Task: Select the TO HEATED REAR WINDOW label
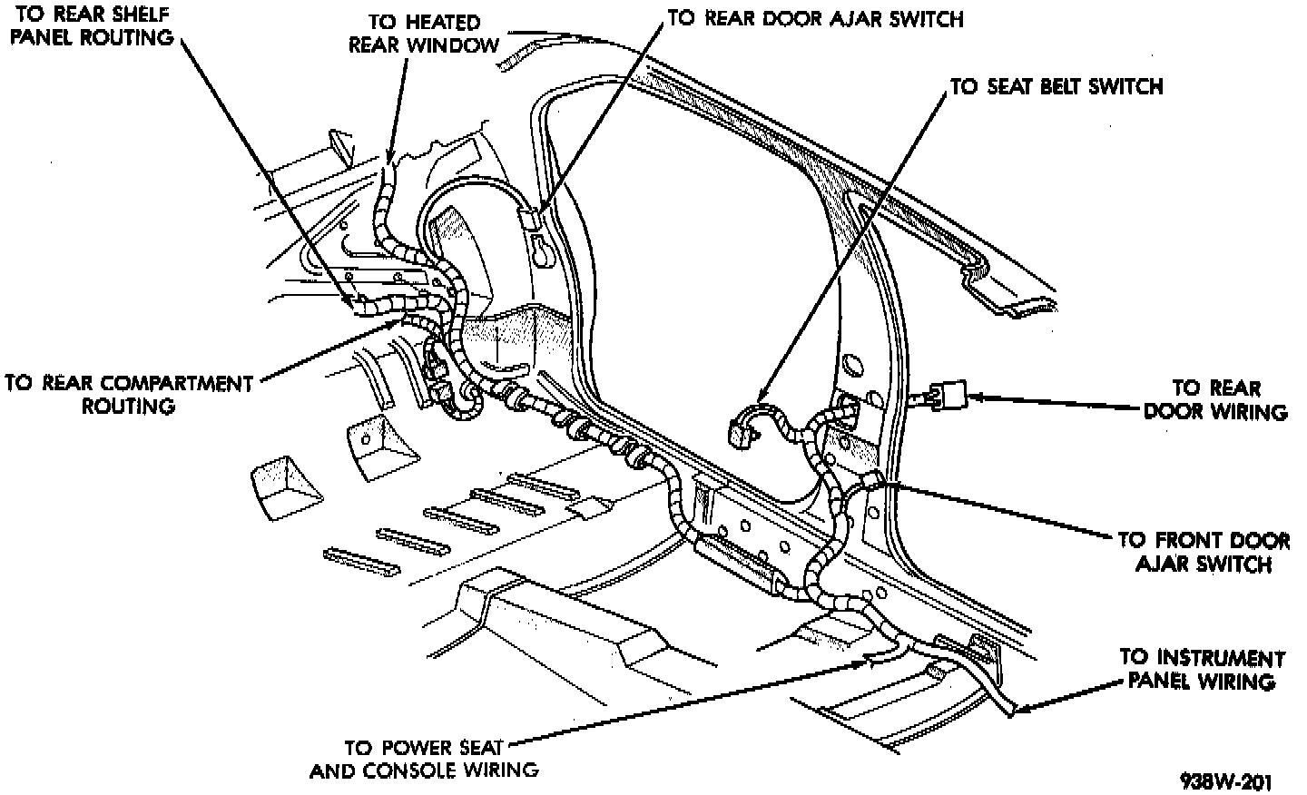coord(424,34)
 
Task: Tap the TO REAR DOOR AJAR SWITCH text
coord(814,19)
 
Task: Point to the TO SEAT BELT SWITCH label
coord(1056,87)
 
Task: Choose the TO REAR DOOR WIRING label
coord(1215,400)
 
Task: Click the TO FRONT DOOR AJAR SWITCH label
coord(1204,552)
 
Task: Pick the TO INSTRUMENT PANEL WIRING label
coord(1202,669)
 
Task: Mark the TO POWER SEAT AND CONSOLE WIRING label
coord(424,760)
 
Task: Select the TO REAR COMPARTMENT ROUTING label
coord(128,394)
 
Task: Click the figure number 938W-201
coord(1225,781)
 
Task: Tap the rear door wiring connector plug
coord(948,395)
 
